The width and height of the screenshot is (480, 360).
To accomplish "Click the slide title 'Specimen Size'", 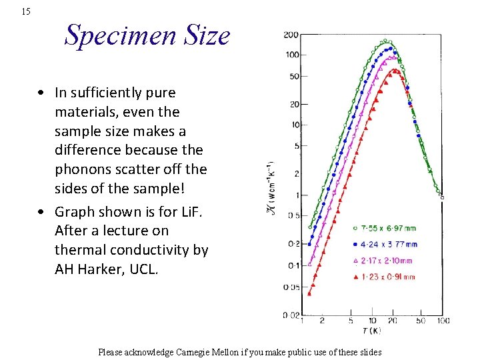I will tap(147, 35).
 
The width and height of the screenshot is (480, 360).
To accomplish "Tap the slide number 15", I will tap(26, 11).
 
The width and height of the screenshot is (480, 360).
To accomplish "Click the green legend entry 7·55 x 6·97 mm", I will tap(389, 228).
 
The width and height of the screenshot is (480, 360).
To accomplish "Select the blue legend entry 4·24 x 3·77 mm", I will tap(389, 244).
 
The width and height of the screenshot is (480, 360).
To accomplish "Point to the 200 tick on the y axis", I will tap(291, 35).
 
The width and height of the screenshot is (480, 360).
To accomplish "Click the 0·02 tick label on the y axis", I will tap(290, 314).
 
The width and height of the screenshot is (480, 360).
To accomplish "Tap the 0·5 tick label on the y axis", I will tap(293, 215).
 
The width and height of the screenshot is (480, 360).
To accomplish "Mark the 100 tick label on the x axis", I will tap(443, 322).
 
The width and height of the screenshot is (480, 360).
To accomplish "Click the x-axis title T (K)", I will tap(372, 331).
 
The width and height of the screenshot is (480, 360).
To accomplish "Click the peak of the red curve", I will tap(395, 70).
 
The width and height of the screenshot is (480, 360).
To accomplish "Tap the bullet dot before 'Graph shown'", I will tap(41, 212).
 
